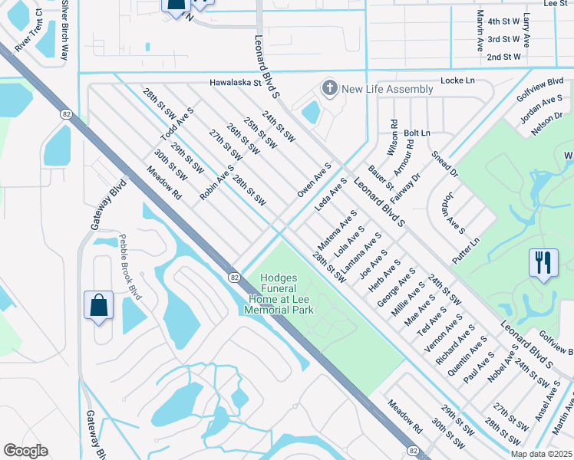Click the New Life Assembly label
point(388,90)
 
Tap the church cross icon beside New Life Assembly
point(331,89)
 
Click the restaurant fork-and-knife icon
point(543,263)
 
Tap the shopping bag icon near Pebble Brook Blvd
point(99,307)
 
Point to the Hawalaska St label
point(236,83)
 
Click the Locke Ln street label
point(458,80)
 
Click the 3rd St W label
point(503,39)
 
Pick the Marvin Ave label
point(480,31)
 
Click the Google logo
point(26,451)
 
